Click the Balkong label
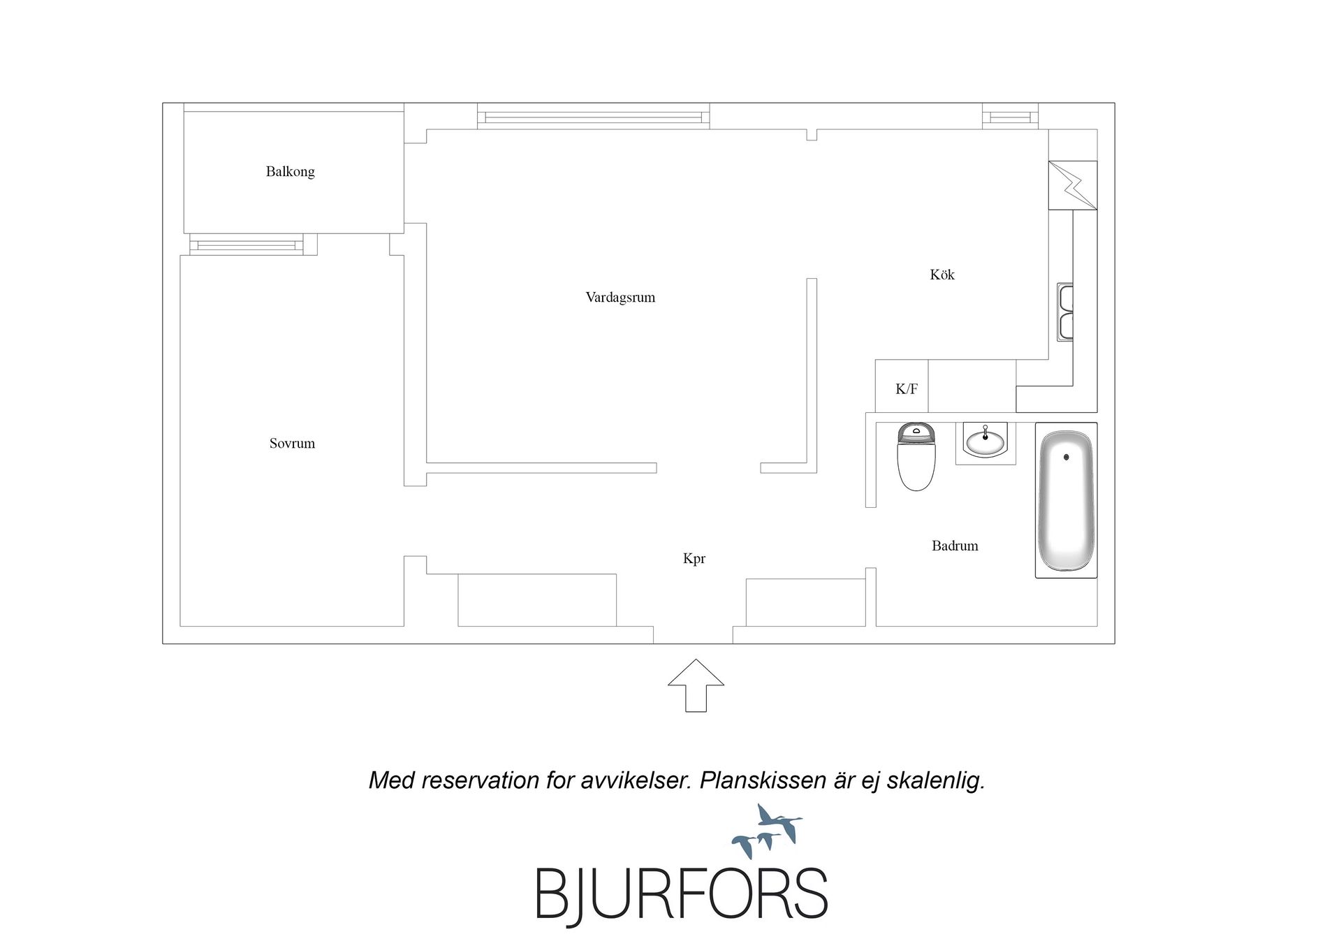point(290,172)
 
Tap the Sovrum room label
point(292,444)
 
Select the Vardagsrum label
point(620,298)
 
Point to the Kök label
point(941,275)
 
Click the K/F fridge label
point(907,389)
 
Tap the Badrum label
point(955,546)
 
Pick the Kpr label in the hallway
point(694,559)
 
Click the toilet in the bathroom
point(916,456)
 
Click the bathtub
point(1066,501)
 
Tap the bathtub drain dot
point(1066,457)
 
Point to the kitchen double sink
point(1065,312)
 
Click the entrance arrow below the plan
point(696,685)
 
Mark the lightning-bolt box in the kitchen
point(1073,185)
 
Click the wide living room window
point(594,116)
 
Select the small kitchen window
point(1010,116)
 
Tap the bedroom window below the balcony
point(247,245)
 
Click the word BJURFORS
point(682,894)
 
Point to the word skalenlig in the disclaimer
point(936,780)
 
